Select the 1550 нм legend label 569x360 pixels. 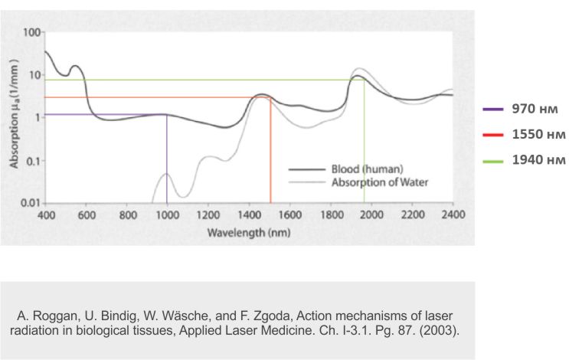click(x=538, y=135)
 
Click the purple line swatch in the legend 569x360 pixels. click(x=493, y=110)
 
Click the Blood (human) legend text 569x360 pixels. click(x=367, y=169)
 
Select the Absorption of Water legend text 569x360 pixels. click(x=379, y=182)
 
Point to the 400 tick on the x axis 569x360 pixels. click(x=46, y=215)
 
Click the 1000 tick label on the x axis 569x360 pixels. click(x=167, y=215)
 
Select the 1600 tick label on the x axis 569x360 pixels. click(x=290, y=215)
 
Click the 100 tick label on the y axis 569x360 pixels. click(x=31, y=33)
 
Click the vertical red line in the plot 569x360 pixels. click(x=270, y=153)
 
